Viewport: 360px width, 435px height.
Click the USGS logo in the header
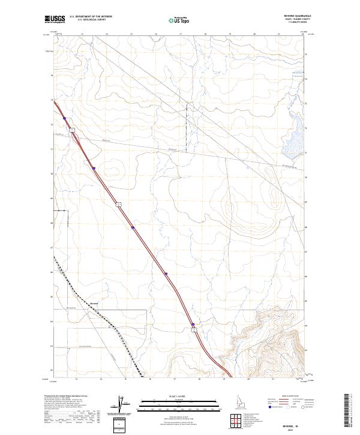pyautogui.click(x=55, y=19)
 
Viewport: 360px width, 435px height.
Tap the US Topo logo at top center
pyautogui.click(x=180, y=20)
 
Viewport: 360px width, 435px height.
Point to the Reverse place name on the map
pyautogui.click(x=93, y=304)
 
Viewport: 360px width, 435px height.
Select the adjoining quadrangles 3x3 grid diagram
pyautogui.click(x=233, y=419)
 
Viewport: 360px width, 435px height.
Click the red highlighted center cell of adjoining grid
pyautogui.click(x=233, y=419)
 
